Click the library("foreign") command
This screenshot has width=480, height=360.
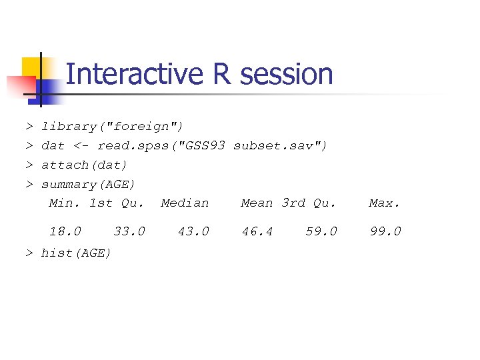[112, 126]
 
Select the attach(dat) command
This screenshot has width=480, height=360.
[84, 165]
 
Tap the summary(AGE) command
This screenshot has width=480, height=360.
[88, 184]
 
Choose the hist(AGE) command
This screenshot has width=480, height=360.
[76, 253]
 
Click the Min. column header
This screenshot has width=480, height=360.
[65, 203]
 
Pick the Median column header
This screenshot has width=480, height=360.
[185, 203]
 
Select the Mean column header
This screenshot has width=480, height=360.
[257, 203]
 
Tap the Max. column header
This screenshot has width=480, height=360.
[385, 203]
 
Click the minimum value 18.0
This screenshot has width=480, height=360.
[65, 231]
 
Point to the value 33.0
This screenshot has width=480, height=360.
[129, 231]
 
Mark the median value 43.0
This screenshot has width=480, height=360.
[193, 231]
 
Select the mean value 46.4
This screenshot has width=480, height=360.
[257, 231]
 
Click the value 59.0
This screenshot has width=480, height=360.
[321, 231]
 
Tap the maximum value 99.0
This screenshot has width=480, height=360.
[385, 231]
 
